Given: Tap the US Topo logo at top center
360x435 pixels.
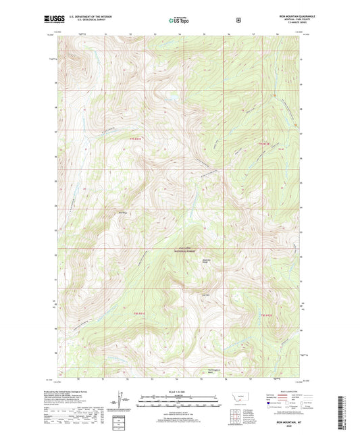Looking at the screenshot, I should pyautogui.click(x=179, y=21).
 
